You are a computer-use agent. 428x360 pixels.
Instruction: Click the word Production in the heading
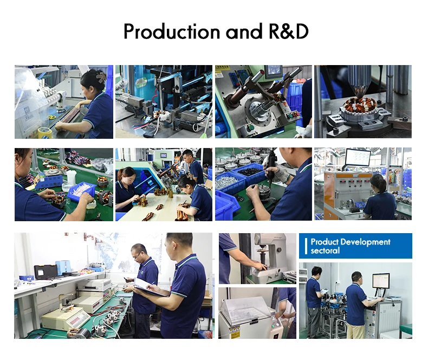[x=172, y=31]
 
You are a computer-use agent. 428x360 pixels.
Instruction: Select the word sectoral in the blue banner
[x=325, y=250]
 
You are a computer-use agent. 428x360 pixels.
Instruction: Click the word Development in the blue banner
[x=366, y=242]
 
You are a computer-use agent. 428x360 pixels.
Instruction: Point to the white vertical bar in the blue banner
[x=306, y=246]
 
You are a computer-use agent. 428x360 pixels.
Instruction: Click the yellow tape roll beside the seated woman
[x=45, y=132]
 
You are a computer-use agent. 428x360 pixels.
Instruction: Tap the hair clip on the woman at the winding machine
[x=101, y=76]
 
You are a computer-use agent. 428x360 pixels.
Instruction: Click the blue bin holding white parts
[x=81, y=191]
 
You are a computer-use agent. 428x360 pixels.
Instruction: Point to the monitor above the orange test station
[x=358, y=158]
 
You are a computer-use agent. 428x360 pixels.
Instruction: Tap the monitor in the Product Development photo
[x=381, y=280]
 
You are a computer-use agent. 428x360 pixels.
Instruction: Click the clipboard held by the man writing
[x=149, y=287]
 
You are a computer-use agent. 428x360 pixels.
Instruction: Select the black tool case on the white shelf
[x=46, y=271]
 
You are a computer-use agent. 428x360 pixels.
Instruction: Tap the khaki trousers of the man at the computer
[x=355, y=332]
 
